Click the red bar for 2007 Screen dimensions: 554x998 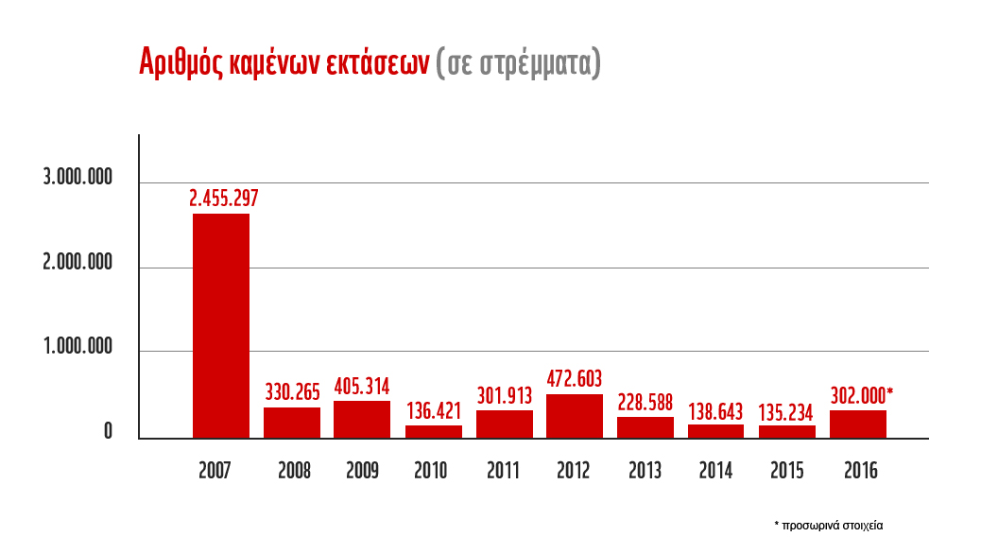point(221,325)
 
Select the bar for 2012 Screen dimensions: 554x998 point(575,416)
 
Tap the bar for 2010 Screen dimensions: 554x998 point(434,431)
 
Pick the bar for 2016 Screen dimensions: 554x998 point(858,424)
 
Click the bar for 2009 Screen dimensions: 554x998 point(362,419)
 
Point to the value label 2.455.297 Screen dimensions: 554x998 point(224,199)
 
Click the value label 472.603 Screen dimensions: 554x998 point(575,379)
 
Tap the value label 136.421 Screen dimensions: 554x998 point(434,411)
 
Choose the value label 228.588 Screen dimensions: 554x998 point(645,402)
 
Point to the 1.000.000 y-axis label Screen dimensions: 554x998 point(77,349)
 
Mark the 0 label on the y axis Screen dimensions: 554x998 point(109,433)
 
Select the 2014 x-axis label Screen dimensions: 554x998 point(715,471)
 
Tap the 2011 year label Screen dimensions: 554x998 point(504,471)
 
